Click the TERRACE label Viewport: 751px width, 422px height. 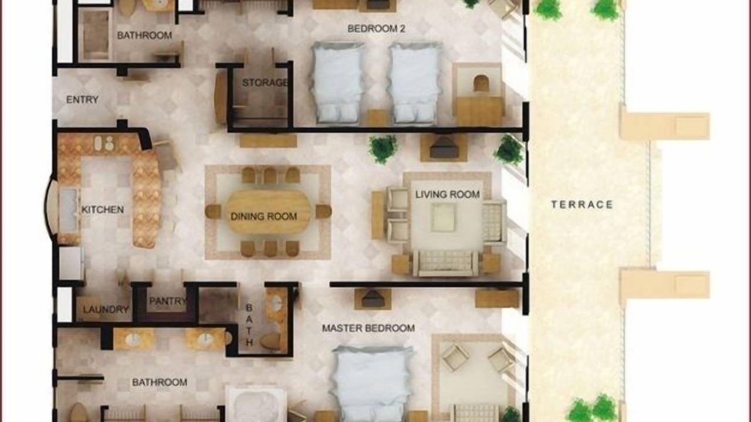coord(582,205)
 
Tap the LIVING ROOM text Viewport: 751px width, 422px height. coord(448,194)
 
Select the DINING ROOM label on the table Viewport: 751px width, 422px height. coord(264,216)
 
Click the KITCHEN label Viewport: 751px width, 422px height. coord(103,210)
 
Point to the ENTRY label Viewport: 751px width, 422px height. coord(82,100)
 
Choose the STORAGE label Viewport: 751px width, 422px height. coord(265,83)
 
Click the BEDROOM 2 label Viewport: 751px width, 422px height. coord(376,29)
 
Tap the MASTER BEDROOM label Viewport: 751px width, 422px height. coord(368,328)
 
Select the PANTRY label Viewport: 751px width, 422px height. coord(167,301)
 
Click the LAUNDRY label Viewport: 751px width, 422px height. coord(106,309)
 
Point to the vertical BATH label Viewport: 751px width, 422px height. coord(249,325)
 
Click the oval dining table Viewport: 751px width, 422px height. coord(269,212)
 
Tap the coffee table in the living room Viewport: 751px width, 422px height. coord(443,217)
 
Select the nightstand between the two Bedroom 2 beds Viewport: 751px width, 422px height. coord(376,118)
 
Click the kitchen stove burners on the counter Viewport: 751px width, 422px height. coord(104,144)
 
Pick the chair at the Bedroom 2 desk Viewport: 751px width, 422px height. coord(481,84)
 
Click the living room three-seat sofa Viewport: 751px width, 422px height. coord(445,263)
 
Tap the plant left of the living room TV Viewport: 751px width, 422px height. coord(383,149)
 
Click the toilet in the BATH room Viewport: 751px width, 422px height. coord(270,341)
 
